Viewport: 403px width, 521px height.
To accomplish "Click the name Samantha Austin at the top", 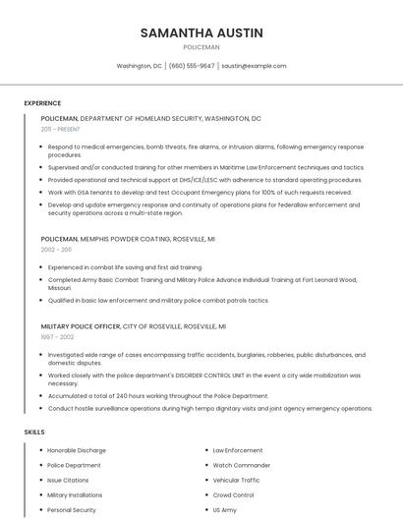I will tap(201, 32).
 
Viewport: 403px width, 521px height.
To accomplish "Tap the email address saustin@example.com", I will tap(254, 66).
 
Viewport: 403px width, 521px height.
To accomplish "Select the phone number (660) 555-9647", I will tap(192, 66).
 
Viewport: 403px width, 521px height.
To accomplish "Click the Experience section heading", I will tap(42, 103).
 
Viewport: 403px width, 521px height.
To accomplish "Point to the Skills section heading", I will tap(34, 433).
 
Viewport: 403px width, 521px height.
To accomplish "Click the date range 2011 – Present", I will tap(60, 129).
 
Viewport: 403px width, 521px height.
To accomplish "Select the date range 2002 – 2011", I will tap(56, 250).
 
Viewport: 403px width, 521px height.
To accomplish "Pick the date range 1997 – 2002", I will tap(57, 336).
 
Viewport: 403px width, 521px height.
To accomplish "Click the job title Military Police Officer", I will tap(81, 325).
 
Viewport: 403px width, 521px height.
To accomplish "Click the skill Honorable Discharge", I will tap(76, 450).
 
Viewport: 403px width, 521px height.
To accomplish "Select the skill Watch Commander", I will tap(242, 465).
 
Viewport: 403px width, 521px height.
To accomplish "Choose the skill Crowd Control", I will tap(234, 495).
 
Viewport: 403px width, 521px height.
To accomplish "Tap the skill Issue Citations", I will tap(68, 480).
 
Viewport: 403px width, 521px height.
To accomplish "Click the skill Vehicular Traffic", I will tap(237, 480).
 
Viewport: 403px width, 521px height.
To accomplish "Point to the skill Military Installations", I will tap(75, 495).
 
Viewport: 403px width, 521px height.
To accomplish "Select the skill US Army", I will tap(224, 510).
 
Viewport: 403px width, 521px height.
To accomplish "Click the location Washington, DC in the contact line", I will tap(140, 66).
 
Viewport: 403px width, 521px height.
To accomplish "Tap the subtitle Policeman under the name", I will tap(201, 46).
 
